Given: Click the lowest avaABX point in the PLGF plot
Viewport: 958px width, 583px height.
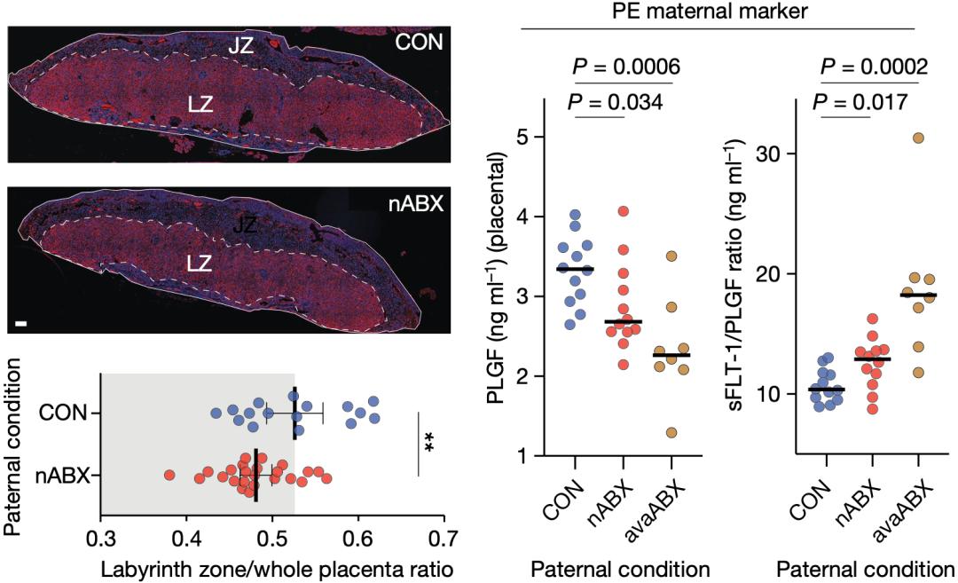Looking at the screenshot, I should pos(671,432).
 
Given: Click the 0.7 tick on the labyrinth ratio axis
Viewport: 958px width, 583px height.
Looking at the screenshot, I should pos(444,537).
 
